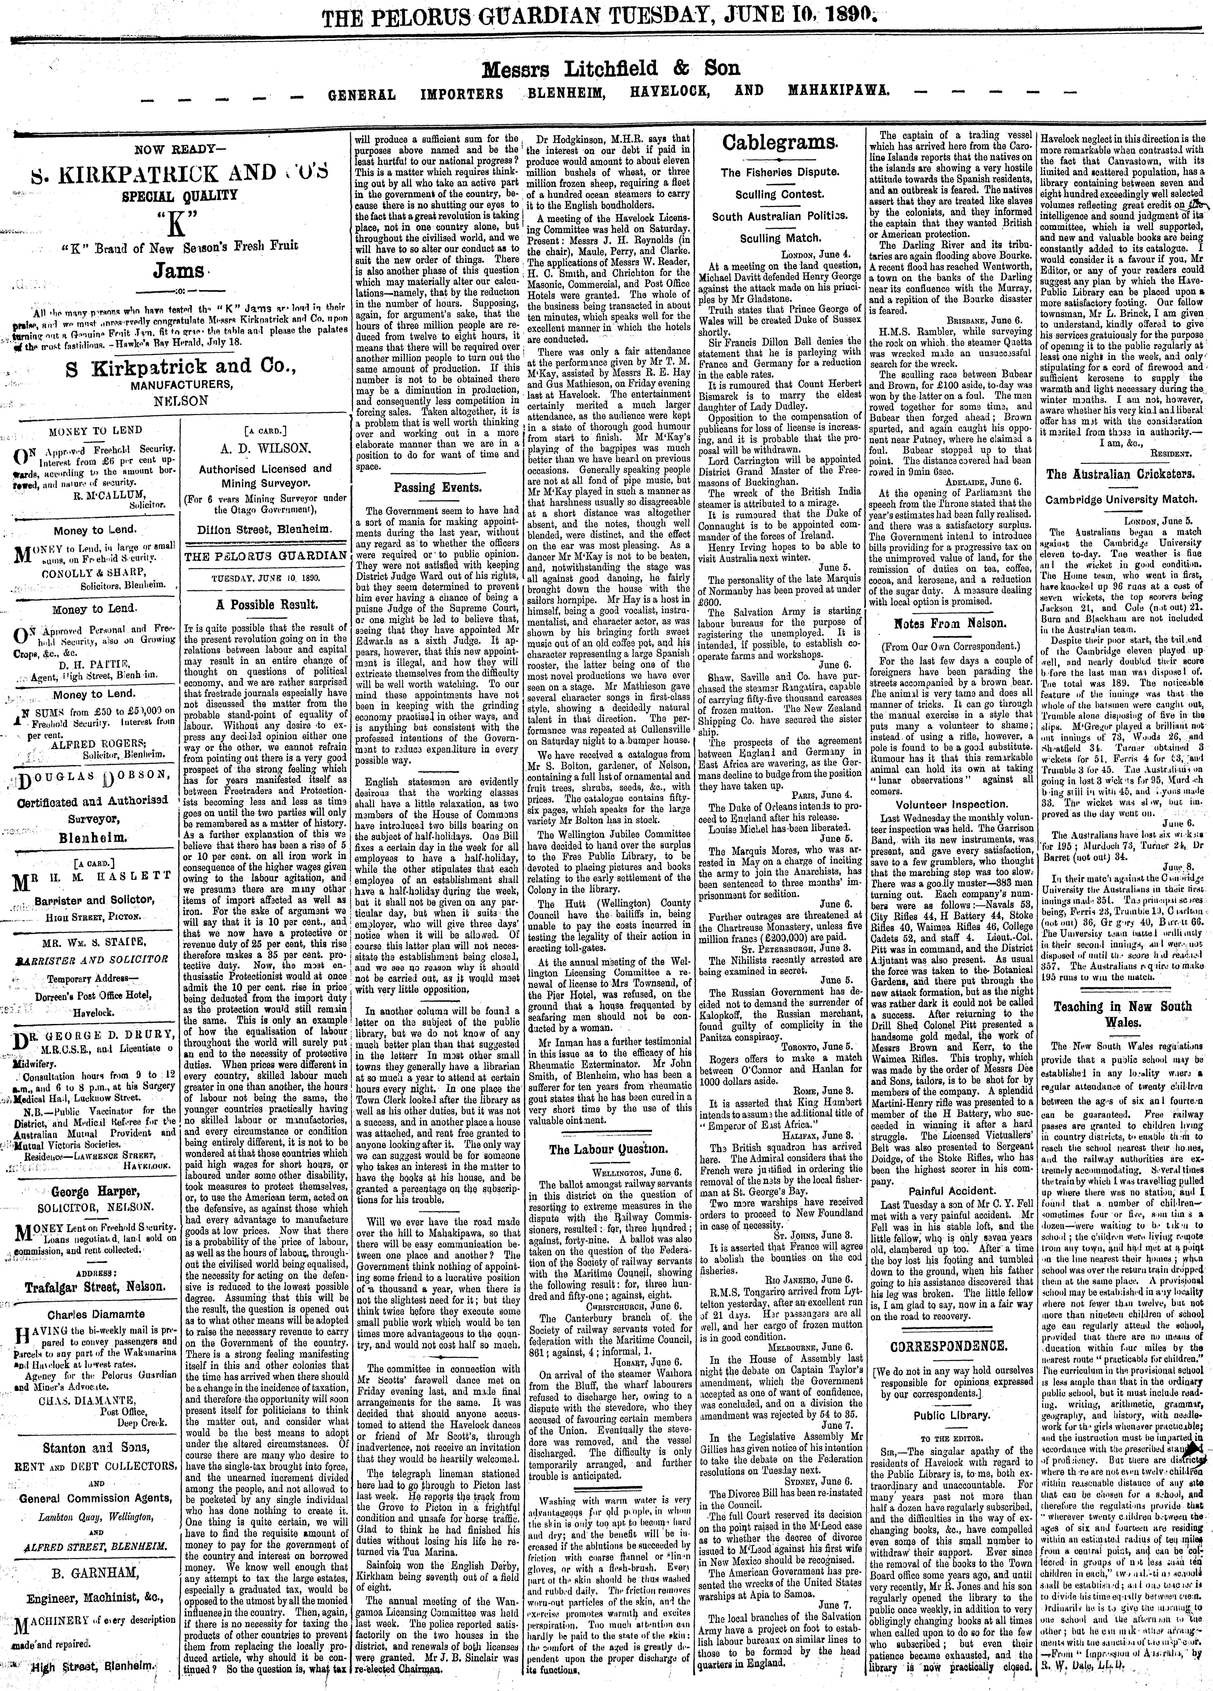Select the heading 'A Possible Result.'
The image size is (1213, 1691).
(x=266, y=604)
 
